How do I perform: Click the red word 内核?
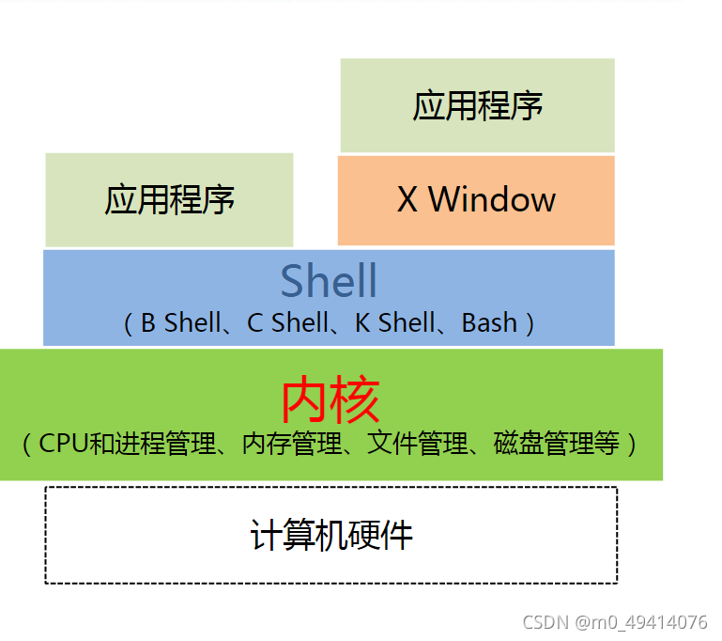pos(330,401)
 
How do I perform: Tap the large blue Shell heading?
pos(329,281)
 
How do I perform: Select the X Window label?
pos(476,199)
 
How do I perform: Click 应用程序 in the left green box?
pos(169,200)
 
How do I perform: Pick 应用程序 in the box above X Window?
pos(477,105)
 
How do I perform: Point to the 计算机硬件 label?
pos(330,536)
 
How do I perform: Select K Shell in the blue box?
pos(394,323)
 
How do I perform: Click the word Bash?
pos(489,323)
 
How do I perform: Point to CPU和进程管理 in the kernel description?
pos(127,444)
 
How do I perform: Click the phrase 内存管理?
pos(291,444)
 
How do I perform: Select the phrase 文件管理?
pos(417,444)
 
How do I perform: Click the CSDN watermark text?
pos(546,622)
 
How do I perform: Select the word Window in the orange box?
pos(492,199)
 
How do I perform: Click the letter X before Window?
pos(407,199)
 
